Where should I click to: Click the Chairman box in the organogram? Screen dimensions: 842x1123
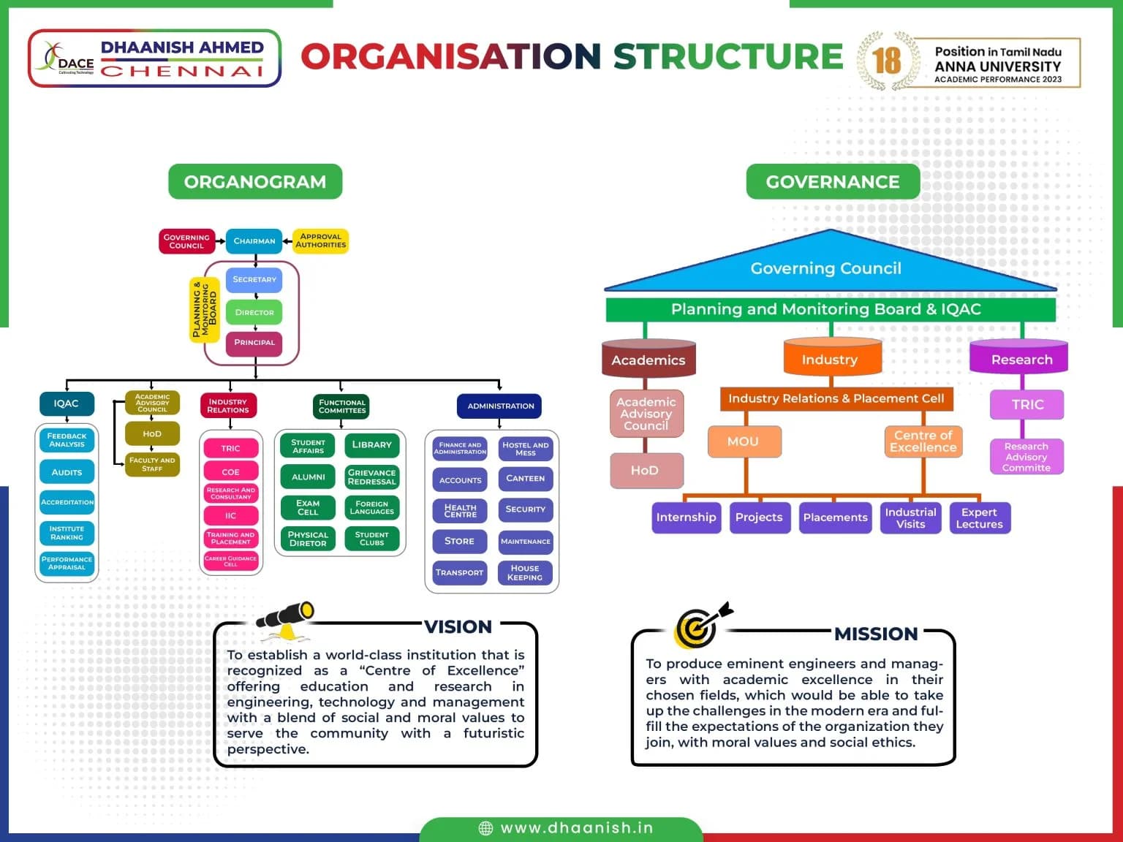254,241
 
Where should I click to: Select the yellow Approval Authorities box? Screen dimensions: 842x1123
320,241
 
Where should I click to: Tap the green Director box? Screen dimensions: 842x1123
254,312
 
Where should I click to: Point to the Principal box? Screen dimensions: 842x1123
254,343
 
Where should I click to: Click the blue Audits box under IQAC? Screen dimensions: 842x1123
67,472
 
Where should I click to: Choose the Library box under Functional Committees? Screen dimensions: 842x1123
371,445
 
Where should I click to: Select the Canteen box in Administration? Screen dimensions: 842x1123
525,479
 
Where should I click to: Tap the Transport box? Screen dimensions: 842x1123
459,572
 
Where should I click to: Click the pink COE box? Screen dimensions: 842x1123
230,472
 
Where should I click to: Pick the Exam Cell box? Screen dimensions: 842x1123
308,507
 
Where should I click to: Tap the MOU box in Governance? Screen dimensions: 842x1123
743,441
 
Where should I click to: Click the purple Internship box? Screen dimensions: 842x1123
686,517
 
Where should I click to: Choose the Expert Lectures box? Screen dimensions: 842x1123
979,517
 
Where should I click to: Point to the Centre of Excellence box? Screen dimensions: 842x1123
923,441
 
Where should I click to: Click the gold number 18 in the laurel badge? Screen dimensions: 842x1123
886,61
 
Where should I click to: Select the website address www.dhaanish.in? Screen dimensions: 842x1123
576,828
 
